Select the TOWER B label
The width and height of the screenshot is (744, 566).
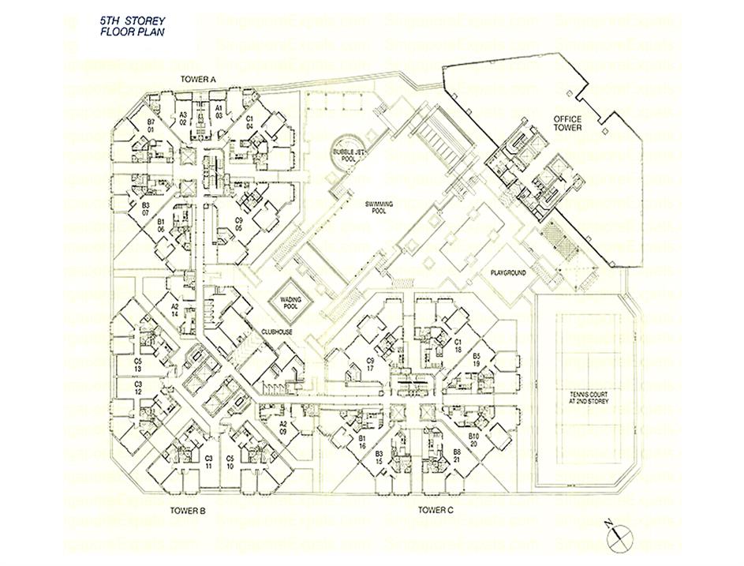(188, 511)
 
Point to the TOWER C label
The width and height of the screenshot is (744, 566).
(436, 510)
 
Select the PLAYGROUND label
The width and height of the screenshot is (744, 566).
(508, 272)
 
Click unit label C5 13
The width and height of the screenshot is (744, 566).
(137, 365)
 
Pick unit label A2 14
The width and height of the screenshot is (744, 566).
(174, 310)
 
